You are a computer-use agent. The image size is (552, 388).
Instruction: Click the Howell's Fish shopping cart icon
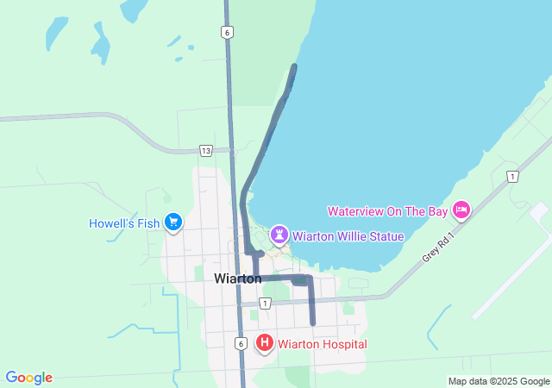(x=173, y=222)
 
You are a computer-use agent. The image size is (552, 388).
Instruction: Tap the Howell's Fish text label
(x=124, y=223)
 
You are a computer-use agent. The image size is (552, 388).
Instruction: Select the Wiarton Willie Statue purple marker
(x=279, y=235)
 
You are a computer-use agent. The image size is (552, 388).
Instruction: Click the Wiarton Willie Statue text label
(x=348, y=235)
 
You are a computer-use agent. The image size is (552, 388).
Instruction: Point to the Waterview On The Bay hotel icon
(x=461, y=210)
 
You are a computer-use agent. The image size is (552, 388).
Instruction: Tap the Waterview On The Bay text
(x=387, y=211)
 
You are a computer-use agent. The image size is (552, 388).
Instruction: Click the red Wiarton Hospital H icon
(x=265, y=344)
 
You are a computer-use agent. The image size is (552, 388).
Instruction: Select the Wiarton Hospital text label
(x=322, y=345)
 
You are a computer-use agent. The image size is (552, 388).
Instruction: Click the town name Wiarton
(x=237, y=278)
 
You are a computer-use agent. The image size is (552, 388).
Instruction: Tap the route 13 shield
(x=205, y=150)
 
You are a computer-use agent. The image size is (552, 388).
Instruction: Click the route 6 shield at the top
(x=227, y=32)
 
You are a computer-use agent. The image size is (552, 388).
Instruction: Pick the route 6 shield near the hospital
(x=241, y=343)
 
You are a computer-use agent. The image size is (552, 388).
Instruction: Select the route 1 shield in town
(x=265, y=303)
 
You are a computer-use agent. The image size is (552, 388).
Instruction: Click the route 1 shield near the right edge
(x=513, y=177)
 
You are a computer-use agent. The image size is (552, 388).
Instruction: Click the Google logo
(x=28, y=378)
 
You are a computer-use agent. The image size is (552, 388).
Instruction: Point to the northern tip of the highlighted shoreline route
(x=295, y=66)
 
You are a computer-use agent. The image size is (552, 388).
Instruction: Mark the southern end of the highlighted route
(x=312, y=322)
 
